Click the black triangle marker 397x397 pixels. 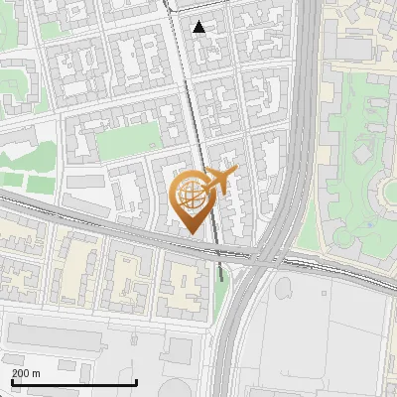point(200,27)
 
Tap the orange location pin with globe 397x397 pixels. point(193,199)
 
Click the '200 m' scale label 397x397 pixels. point(26,372)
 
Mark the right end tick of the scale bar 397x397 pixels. point(137,379)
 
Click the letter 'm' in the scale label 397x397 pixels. point(36,372)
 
